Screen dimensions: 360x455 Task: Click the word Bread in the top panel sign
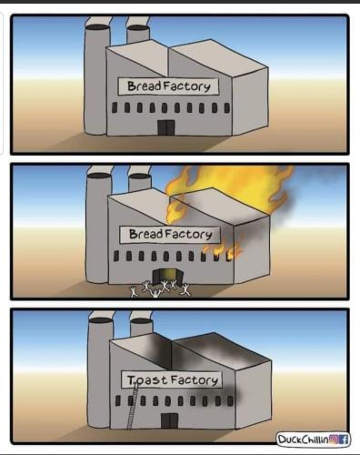click(x=145, y=86)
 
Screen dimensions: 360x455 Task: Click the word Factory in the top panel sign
click(x=186, y=86)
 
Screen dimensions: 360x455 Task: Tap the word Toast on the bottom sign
click(x=147, y=379)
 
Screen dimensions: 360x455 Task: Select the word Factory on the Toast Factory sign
click(x=195, y=380)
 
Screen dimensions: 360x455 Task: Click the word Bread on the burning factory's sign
click(x=146, y=234)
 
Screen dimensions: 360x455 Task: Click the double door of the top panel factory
click(x=166, y=127)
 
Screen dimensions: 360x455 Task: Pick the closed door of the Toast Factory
click(x=169, y=420)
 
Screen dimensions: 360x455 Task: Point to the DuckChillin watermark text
click(x=303, y=440)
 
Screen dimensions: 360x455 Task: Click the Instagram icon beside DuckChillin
click(x=334, y=440)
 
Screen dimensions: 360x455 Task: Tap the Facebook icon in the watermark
click(x=343, y=440)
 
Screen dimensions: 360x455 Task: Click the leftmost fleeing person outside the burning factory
click(x=134, y=291)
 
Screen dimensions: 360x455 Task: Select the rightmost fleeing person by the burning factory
click(x=185, y=290)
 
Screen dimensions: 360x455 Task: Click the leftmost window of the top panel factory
click(x=115, y=107)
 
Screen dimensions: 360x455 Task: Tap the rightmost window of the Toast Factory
click(x=230, y=400)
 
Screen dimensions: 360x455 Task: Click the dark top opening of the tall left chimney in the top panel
click(x=97, y=27)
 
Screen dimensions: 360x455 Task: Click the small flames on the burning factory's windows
click(x=223, y=250)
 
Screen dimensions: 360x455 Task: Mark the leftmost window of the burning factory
click(x=116, y=256)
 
